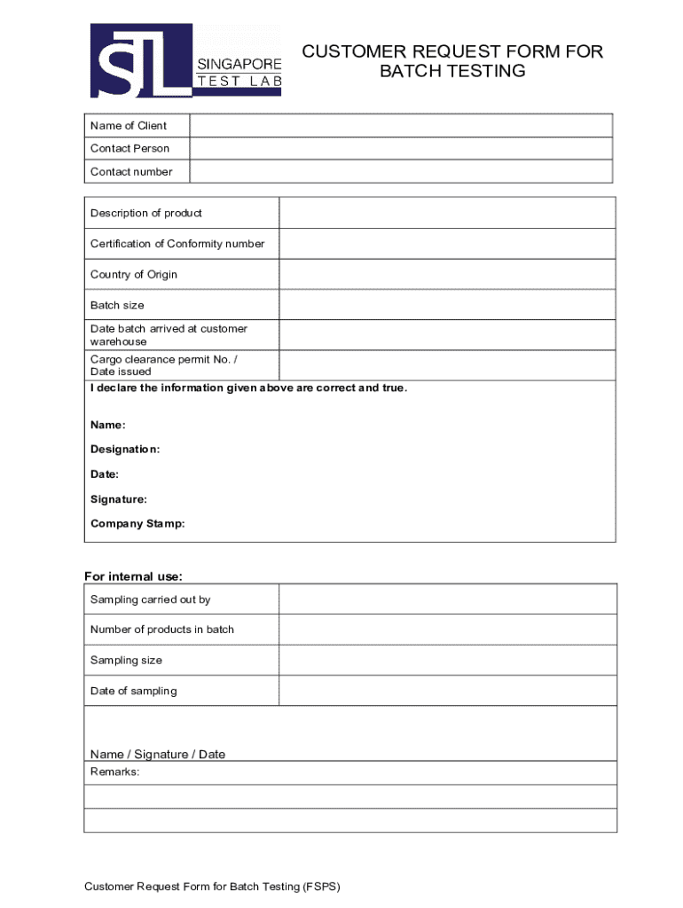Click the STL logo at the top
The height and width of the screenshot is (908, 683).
(x=185, y=60)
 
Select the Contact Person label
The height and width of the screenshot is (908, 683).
(x=130, y=148)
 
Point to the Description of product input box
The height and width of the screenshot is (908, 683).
(x=447, y=213)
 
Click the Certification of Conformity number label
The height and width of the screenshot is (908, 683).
(x=177, y=244)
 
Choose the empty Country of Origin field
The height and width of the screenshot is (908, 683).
(x=447, y=274)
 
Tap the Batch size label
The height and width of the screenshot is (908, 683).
(x=117, y=305)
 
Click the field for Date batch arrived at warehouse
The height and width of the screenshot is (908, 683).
(x=447, y=335)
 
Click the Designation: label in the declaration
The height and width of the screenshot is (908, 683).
(x=125, y=450)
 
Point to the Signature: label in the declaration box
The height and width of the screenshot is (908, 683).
(x=119, y=499)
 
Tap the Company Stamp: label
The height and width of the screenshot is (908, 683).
(x=137, y=524)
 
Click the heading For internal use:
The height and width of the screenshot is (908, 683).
(x=133, y=577)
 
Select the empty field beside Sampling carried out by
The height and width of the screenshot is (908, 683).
(x=447, y=599)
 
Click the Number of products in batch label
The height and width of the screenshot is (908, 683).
(x=162, y=630)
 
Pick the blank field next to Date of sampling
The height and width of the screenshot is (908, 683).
(x=447, y=691)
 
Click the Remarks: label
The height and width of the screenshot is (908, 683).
(x=114, y=772)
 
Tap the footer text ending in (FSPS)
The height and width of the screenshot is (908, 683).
(x=212, y=887)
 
